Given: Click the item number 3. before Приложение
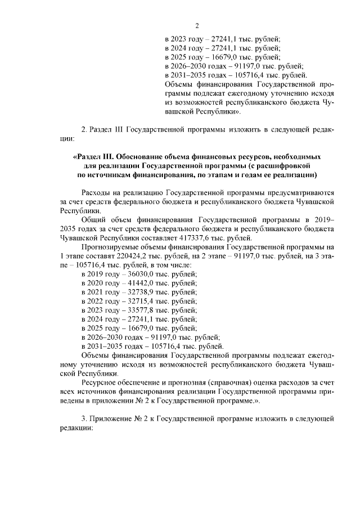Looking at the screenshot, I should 84,419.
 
